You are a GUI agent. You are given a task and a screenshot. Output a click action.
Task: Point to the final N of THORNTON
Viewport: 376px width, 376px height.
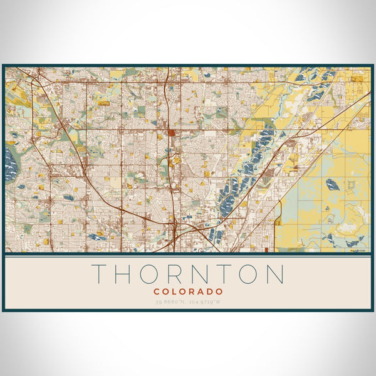(x=274, y=274)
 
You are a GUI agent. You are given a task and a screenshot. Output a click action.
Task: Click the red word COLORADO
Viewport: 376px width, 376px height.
(x=188, y=291)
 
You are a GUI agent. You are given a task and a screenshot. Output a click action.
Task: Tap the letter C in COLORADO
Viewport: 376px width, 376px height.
(x=157, y=291)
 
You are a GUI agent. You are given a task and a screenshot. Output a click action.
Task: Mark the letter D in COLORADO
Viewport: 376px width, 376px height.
(x=210, y=291)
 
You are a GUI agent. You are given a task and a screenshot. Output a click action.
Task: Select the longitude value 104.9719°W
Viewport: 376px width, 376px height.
(x=206, y=302)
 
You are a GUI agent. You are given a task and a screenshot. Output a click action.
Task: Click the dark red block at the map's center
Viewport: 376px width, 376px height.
(x=171, y=133)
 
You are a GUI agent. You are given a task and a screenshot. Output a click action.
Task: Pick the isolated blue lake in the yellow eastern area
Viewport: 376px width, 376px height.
(x=332, y=185)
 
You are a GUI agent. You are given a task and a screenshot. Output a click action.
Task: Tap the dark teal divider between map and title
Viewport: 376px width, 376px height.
(x=188, y=254)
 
